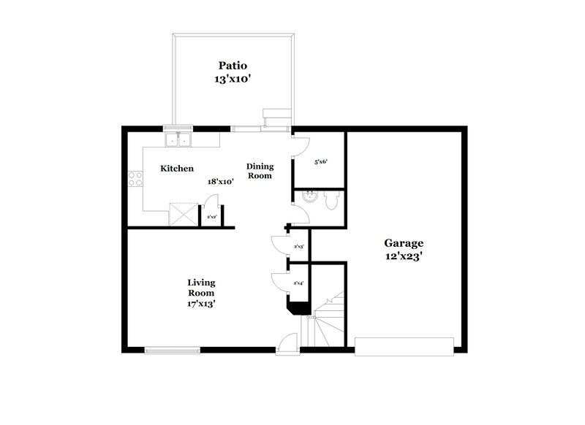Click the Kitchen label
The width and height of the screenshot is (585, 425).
[177, 169]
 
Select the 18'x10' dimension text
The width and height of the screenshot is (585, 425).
[219, 183]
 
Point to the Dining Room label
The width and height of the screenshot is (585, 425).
[259, 170]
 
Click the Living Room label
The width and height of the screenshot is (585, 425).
[200, 287]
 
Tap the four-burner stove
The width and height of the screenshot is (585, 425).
[135, 178]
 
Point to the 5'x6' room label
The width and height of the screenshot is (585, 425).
[319, 162]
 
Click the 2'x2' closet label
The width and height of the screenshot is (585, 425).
[211, 217]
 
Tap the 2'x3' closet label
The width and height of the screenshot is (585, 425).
[299, 247]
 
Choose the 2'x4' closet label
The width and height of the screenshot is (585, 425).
[299, 283]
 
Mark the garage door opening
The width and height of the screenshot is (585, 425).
[404, 346]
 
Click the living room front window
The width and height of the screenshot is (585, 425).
[171, 349]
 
